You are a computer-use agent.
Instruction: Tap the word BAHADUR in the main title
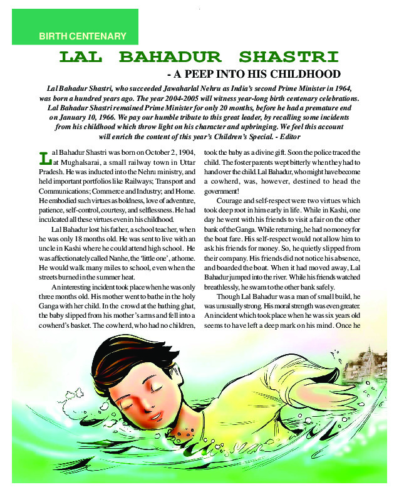[x=170, y=58]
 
